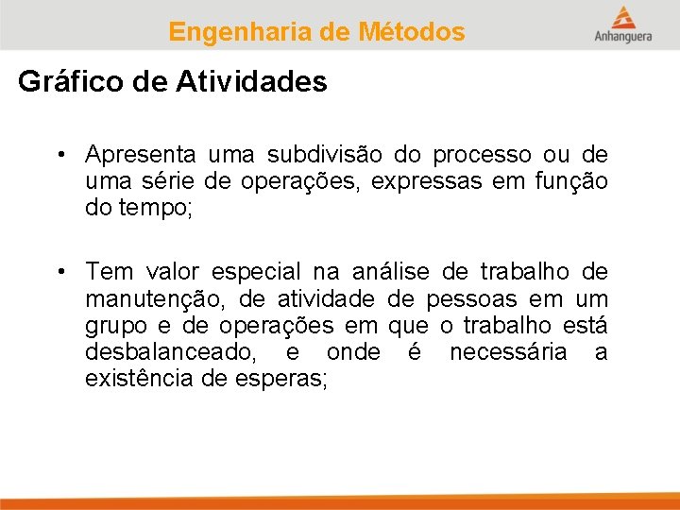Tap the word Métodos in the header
tap(412, 32)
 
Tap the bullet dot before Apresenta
tap(59, 154)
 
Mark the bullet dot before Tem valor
tap(59, 273)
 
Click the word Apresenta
tap(141, 154)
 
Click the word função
tap(574, 180)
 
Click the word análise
tap(390, 273)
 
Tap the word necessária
tap(508, 352)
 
